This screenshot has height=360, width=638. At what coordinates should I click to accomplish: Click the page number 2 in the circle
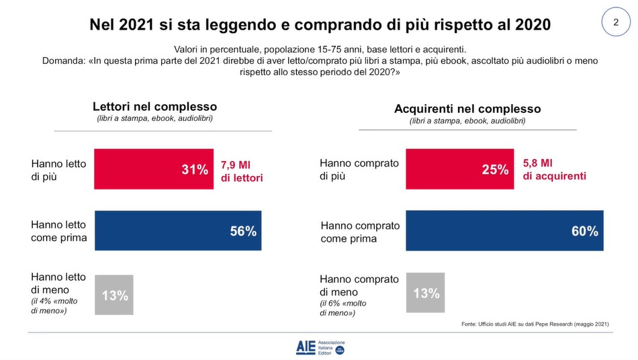615,23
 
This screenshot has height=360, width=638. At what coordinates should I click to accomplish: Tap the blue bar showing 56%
178,230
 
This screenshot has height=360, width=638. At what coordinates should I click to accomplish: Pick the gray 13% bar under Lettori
114,295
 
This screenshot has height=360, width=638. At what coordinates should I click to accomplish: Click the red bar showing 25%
460,170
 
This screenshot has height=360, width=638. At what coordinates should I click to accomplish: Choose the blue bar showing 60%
504,230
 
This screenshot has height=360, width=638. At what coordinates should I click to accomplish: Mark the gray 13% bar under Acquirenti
425,293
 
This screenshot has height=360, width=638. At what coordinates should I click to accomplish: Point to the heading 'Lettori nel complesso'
154,107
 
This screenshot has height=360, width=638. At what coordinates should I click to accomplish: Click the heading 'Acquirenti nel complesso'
467,109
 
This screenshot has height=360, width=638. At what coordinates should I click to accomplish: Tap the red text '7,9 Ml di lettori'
242,171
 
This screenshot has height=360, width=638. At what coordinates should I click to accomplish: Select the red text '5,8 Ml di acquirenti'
554,170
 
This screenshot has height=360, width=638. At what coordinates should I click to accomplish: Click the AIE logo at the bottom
320,347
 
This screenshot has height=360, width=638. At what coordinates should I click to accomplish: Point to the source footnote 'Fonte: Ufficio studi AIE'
535,324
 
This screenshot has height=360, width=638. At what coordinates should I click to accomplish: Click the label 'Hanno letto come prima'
59,231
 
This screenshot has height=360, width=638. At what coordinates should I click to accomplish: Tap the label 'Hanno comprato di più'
359,170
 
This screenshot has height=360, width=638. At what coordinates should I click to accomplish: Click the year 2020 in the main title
527,25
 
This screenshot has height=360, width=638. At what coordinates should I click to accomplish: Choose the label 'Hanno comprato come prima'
360,232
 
